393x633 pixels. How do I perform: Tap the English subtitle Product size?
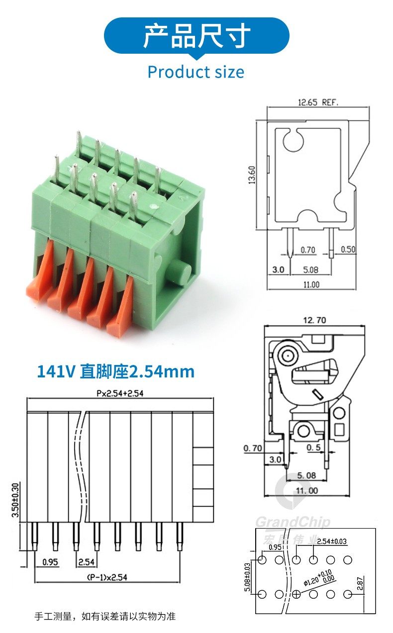(x=196, y=72)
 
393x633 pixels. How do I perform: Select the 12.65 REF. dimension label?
(x=318, y=102)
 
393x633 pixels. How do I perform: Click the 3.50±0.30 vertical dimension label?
(x=15, y=500)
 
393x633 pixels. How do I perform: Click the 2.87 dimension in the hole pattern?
(x=361, y=583)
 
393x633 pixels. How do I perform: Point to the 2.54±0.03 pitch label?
(x=332, y=541)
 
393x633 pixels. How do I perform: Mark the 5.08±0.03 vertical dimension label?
(x=248, y=577)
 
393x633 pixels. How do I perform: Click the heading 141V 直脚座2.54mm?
(x=115, y=371)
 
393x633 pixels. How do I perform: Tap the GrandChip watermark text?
(x=293, y=522)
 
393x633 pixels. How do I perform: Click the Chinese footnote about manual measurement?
(x=105, y=617)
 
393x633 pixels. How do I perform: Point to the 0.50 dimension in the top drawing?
(x=348, y=250)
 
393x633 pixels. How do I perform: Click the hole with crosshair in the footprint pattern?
(x=296, y=594)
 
